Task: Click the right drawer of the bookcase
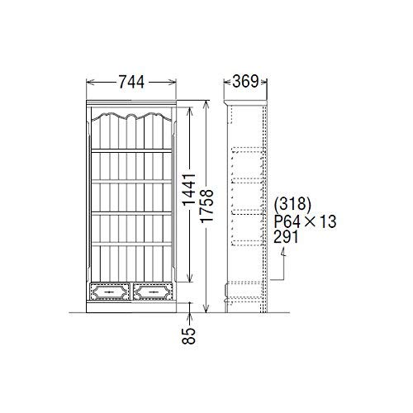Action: [x=154, y=292]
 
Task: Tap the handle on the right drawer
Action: [x=154, y=292]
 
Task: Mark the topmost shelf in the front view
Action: [x=131, y=150]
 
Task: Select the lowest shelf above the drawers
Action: [x=131, y=242]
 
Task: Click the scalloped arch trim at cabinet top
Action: [x=131, y=115]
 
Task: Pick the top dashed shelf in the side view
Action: [x=244, y=150]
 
